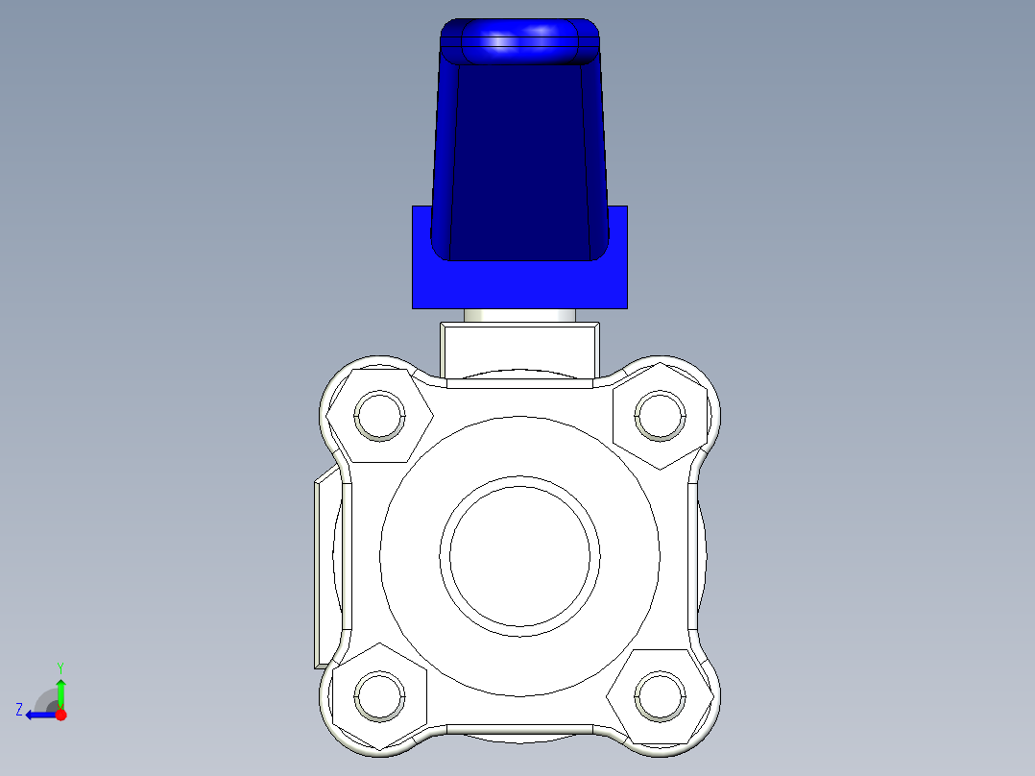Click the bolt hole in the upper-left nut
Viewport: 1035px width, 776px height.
(379, 416)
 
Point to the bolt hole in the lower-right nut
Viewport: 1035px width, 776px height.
(661, 696)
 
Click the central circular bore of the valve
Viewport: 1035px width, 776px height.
(519, 556)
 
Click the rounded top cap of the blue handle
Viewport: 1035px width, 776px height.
(519, 41)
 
